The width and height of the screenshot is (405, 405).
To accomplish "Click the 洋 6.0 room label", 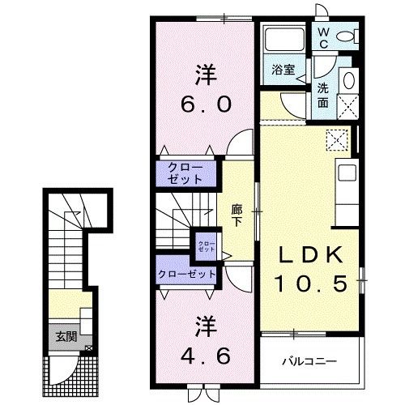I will tap(204, 89).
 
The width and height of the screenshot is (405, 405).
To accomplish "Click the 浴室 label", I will tap(282, 71).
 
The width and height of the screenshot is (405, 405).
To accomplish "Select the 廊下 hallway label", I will tap(237, 215).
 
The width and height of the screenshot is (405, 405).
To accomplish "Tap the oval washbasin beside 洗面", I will tap(348, 79).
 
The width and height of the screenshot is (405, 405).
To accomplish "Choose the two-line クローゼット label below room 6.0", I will tap(185, 173).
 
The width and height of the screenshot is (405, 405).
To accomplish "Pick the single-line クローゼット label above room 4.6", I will tap(186, 274).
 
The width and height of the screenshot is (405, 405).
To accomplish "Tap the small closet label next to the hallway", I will tap(206, 243).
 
